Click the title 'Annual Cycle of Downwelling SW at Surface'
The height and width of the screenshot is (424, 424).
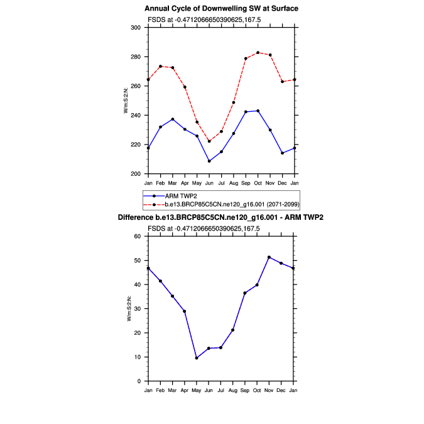221,8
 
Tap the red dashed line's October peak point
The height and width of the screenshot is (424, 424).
258,53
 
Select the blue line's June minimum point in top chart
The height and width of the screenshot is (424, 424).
209,161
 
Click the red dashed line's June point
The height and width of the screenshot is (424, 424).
209,141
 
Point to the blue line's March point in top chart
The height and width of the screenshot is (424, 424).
173,119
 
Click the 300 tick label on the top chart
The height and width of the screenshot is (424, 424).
136,28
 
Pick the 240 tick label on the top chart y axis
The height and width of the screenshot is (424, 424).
136,116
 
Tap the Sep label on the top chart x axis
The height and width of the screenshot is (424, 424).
246,183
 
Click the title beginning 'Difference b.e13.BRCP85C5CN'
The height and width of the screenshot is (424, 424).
221,217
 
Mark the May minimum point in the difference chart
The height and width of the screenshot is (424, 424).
197,358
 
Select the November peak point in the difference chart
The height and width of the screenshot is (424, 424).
269,257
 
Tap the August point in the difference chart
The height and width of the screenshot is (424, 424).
233,330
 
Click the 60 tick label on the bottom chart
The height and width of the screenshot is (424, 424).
138,236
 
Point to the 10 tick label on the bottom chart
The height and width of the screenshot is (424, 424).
138,357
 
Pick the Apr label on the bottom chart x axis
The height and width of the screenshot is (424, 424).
185,391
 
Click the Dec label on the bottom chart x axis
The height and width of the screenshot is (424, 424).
282,391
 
